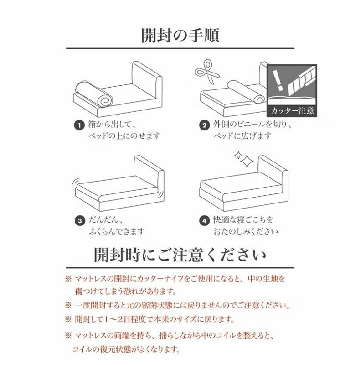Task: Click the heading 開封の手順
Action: (x=180, y=36)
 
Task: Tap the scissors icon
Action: (x=206, y=72)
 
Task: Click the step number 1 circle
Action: (x=79, y=125)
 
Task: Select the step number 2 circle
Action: (x=204, y=125)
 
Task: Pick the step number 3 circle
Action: (x=80, y=220)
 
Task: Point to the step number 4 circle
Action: (x=204, y=220)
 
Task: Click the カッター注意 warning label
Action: (x=292, y=110)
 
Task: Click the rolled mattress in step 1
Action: (x=93, y=93)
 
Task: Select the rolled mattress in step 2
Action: (x=246, y=92)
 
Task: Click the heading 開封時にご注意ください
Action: (x=180, y=255)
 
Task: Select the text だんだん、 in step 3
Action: (x=106, y=220)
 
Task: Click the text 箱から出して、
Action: (x=112, y=125)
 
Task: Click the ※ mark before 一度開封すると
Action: (x=68, y=305)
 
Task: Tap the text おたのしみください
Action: (x=246, y=232)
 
